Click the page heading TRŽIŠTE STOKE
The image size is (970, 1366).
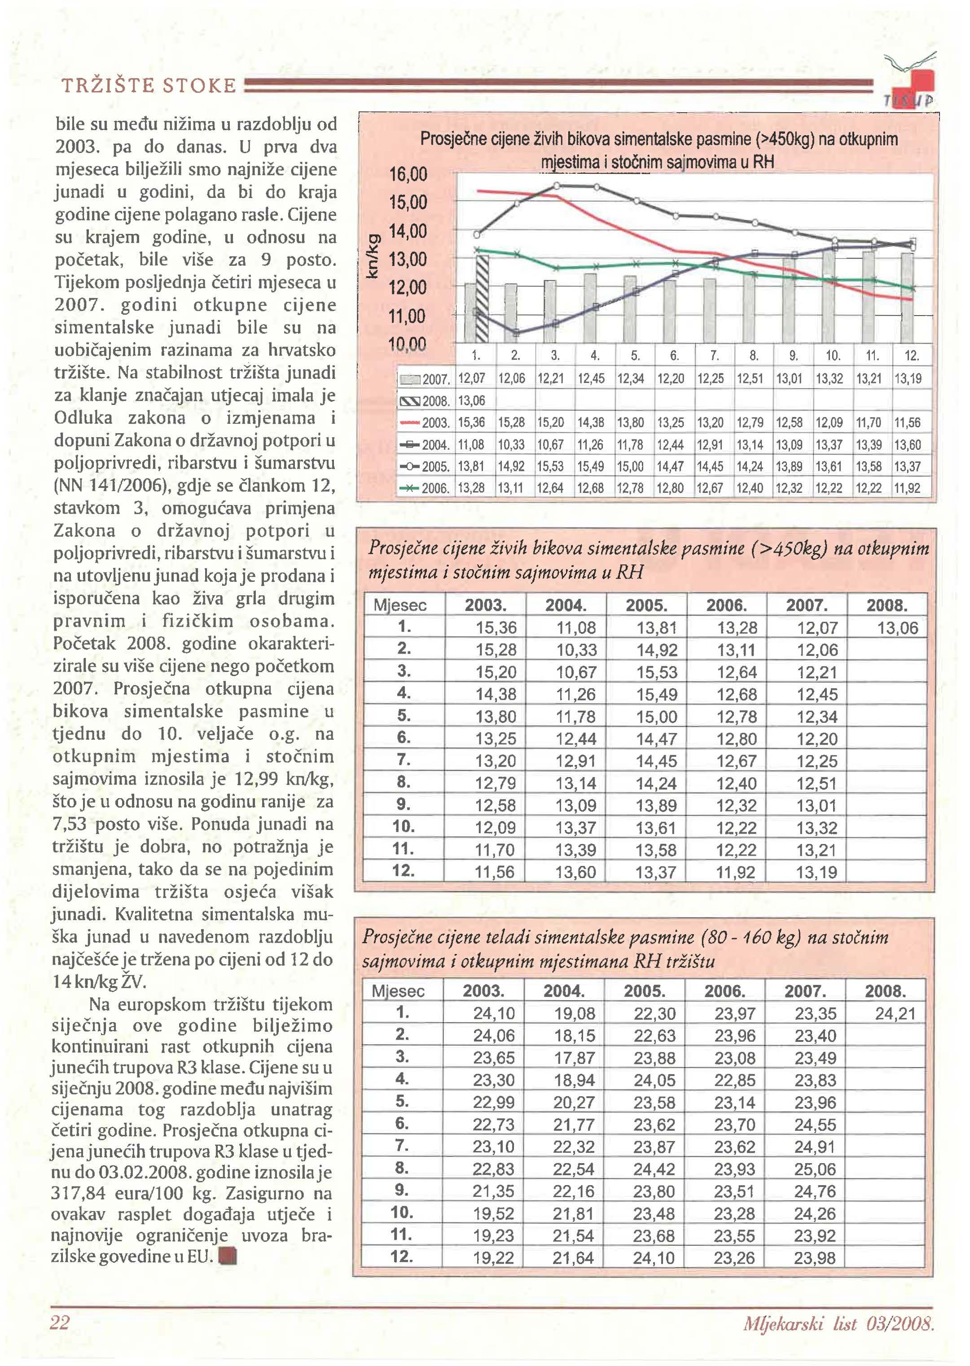149,86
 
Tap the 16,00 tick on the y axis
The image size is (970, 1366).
408,175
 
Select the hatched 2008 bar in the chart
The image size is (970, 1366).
482,299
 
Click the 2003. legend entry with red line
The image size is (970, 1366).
425,423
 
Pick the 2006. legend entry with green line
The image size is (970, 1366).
425,488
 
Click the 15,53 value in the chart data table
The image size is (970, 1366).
550,466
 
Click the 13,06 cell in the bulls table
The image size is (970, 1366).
897,628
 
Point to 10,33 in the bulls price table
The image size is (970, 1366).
576,650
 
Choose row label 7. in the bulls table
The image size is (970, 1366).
404,760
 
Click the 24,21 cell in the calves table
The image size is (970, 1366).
895,1014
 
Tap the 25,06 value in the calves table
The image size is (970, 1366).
815,1169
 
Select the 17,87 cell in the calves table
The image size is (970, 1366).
574,1058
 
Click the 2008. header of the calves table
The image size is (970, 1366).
885,992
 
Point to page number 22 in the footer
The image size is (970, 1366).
60,1322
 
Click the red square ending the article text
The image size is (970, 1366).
228,1258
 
